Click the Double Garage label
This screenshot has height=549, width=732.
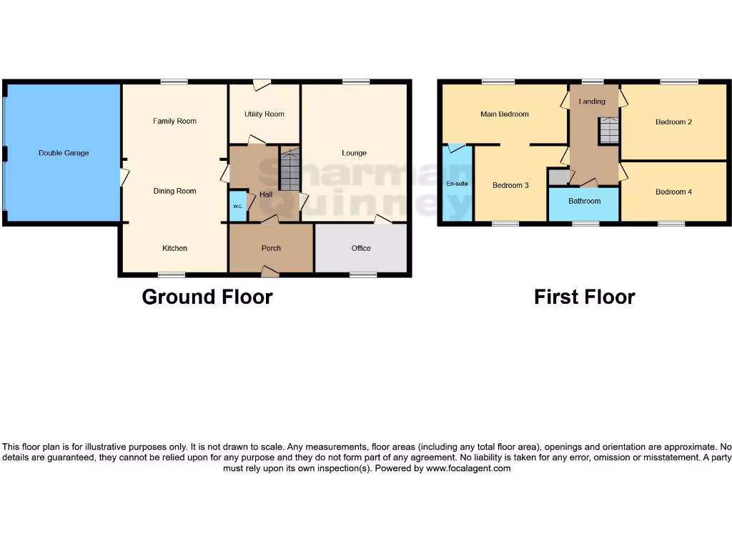[64, 153]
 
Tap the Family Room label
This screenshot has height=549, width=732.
[174, 122]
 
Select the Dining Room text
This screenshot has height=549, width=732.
[174, 191]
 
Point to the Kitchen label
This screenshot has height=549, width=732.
[174, 248]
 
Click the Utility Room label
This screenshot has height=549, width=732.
[264, 114]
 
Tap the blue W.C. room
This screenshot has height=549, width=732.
[237, 206]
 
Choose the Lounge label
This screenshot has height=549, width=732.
[354, 153]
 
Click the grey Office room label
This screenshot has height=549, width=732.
[361, 248]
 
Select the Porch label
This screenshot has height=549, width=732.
[271, 248]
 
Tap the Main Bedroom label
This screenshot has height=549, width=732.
[505, 114]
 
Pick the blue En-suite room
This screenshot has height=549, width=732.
[457, 184]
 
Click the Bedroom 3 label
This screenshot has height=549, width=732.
[510, 185]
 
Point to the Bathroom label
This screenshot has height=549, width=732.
[584, 201]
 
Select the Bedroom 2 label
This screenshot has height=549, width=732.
[673, 122]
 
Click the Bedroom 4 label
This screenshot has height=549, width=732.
[673, 192]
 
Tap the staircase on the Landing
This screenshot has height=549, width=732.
[608, 131]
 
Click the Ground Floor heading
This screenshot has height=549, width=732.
[207, 297]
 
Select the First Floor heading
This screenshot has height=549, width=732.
[584, 297]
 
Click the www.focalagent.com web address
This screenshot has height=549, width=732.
[468, 468]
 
